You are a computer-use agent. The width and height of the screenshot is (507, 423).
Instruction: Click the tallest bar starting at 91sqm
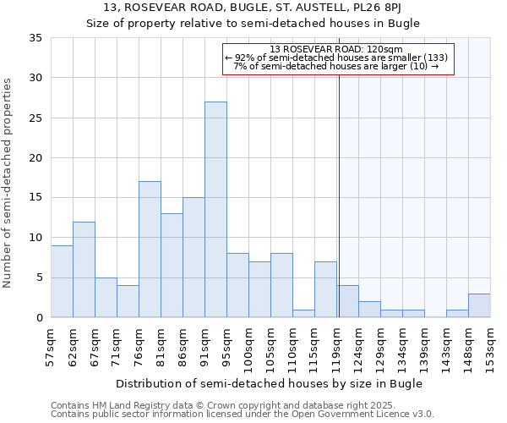215,210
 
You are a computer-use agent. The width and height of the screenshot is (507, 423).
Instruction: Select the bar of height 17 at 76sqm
150,250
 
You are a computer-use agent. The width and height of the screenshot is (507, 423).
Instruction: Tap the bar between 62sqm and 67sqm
84,269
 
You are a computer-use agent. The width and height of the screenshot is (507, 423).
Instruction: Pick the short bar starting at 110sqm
303,313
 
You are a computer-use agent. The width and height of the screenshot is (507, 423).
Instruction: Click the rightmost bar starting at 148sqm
479,305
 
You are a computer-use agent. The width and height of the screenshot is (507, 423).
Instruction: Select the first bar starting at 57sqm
62,281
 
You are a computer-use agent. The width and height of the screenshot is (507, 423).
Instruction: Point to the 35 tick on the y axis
36,38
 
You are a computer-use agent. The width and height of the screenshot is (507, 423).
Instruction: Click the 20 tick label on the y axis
36,158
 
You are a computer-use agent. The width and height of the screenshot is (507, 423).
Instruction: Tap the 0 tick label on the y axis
40,318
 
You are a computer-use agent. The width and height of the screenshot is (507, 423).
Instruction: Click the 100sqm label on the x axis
249,347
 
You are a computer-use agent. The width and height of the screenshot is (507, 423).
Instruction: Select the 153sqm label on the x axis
490,347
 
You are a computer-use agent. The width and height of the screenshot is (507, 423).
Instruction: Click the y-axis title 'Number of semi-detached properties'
8,183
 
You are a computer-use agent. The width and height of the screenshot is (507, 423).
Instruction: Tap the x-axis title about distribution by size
269,383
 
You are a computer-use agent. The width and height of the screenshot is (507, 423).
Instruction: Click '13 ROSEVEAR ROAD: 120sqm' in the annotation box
337,49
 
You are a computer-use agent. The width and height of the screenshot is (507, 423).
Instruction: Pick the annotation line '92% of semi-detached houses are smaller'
337,58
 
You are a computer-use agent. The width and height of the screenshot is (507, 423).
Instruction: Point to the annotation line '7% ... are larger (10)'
337,66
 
